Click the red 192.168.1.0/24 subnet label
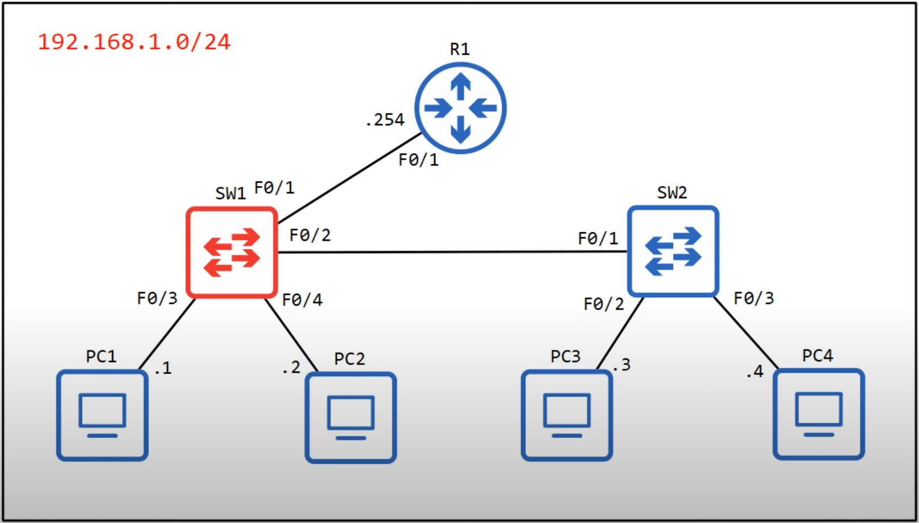134,42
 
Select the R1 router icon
460,108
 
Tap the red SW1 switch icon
232,252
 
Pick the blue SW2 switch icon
673,251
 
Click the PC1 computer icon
102,415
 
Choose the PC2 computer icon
351,418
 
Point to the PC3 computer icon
567,415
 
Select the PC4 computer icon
818,414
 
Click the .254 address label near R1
385,120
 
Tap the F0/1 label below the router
418,160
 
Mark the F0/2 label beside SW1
310,235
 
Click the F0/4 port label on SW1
302,300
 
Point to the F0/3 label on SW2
753,298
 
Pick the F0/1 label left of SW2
597,238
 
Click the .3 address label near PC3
622,365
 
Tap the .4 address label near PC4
755,372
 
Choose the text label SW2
672,193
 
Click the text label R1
460,50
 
